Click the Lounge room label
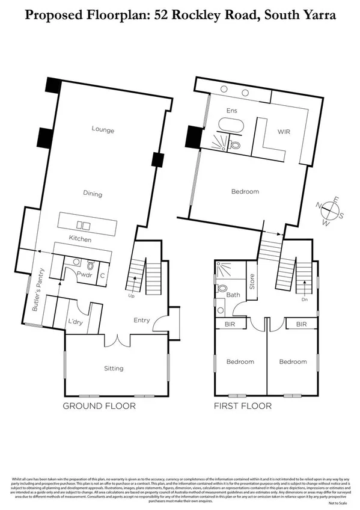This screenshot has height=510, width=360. coord(103,130)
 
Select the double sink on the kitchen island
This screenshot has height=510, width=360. coord(85,226)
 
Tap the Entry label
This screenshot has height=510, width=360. coord(142,320)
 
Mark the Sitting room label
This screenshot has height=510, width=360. coord(114,368)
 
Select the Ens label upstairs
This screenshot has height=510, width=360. coord(231,111)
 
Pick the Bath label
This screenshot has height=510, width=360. coord(233,295)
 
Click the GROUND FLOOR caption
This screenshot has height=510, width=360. coord(99,406)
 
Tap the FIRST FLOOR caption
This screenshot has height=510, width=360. coord(243,406)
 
